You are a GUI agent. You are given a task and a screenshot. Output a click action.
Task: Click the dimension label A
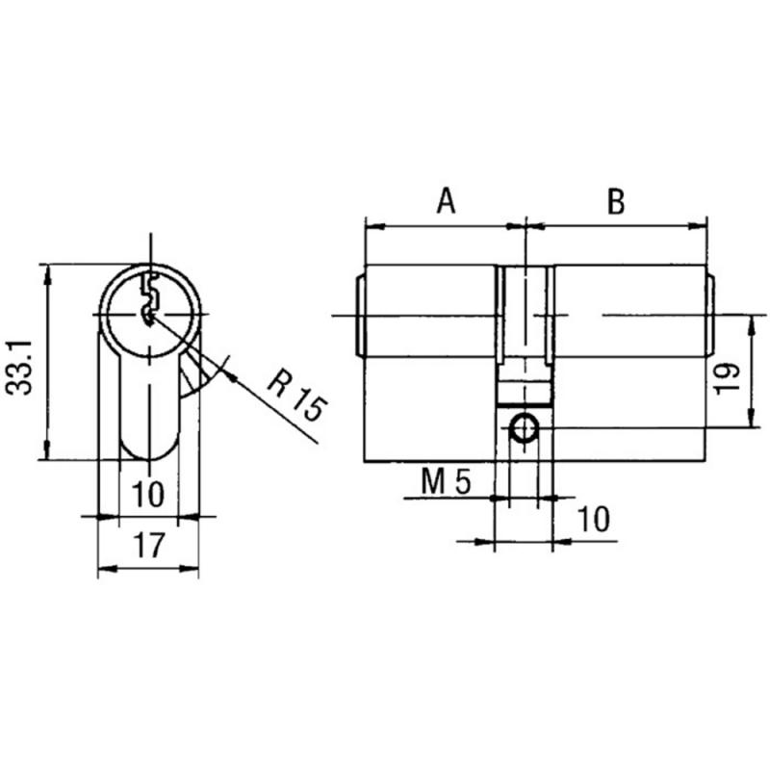coord(446,200)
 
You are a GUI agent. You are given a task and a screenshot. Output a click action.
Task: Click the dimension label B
coord(616,201)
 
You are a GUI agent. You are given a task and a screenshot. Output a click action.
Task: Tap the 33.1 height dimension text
coord(19,368)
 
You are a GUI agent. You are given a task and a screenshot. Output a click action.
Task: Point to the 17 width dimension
coord(149,545)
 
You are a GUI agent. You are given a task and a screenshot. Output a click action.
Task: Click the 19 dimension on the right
coord(727,377)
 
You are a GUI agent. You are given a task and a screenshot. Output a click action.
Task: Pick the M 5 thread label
coord(446,481)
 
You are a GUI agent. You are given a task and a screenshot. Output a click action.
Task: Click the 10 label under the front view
coord(148,494)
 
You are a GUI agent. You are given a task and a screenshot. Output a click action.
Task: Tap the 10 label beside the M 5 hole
coord(594,519)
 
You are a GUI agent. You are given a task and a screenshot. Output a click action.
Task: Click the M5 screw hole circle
coord(525,428)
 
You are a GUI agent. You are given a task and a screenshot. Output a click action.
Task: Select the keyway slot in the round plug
coord(149,299)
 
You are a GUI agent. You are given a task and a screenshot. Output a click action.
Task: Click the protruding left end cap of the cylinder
coord(360,316)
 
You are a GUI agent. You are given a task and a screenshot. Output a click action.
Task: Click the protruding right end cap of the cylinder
coord(710,315)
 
